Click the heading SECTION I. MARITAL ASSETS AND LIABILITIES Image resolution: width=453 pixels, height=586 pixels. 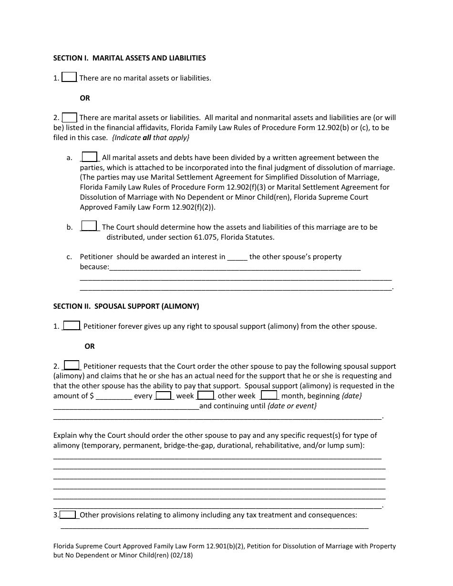129,58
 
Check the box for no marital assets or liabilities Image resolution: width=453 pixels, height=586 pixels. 70,77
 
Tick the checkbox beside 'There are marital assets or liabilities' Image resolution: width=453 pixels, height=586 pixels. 70,117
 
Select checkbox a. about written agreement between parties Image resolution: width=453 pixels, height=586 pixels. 90,157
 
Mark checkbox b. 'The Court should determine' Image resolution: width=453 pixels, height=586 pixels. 90,226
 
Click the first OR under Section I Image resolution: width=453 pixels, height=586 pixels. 85,98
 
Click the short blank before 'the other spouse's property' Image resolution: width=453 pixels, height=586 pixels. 237,257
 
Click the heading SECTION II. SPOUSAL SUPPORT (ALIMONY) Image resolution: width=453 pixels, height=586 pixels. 126,306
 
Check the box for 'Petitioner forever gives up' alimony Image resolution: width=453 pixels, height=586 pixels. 72,326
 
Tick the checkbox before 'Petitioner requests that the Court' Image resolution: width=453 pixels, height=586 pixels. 72,365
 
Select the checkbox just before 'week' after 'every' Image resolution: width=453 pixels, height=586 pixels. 164,395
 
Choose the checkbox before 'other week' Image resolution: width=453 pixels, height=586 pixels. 206,395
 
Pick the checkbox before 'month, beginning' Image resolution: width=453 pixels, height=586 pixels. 269,395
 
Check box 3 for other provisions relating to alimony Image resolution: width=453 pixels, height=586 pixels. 68,515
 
